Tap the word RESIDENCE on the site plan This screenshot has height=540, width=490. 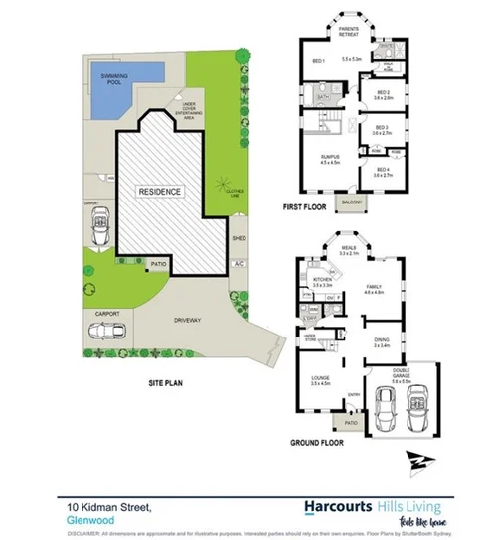(159, 190)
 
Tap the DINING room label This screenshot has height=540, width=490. (381, 340)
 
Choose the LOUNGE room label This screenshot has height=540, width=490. (320, 377)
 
